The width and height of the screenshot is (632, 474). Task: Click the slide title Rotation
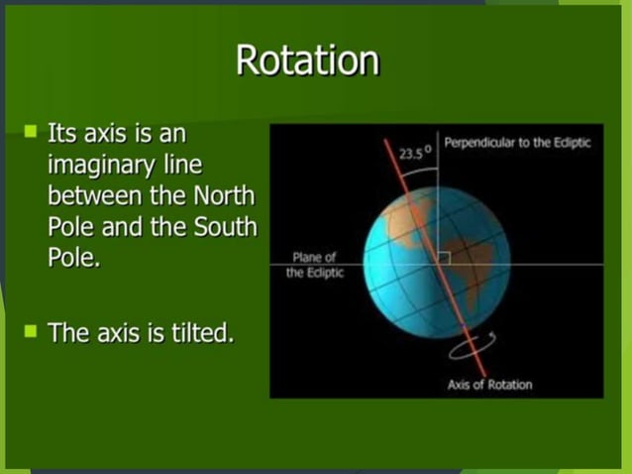coord(307,61)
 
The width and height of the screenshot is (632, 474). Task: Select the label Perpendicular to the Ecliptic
coord(517,143)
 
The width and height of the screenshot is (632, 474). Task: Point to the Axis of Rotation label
coord(488,385)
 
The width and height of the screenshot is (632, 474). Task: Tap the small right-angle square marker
coord(442,257)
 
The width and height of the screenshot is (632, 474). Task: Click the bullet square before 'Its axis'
coord(31,131)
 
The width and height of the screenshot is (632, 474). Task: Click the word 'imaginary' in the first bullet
coord(96,161)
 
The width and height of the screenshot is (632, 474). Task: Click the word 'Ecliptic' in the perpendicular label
coord(569,143)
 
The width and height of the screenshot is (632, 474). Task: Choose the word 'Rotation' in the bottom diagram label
coord(508,385)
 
